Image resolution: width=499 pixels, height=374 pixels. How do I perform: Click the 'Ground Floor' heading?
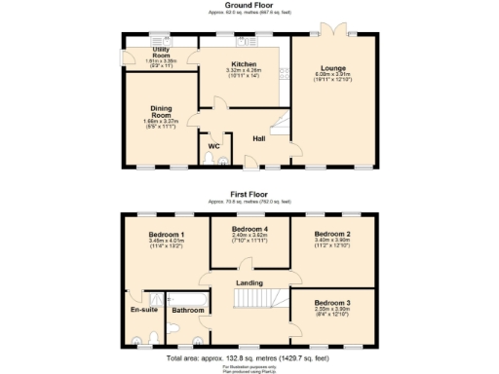tap(249, 5)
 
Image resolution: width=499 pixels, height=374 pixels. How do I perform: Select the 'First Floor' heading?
tap(249, 195)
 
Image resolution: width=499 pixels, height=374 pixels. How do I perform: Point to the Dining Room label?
tap(161, 108)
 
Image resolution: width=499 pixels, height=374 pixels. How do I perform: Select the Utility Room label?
tap(161, 52)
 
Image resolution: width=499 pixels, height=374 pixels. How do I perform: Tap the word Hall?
tap(259, 138)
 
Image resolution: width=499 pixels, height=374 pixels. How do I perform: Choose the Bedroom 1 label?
tap(166, 235)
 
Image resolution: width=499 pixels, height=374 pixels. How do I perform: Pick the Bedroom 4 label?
tap(249, 229)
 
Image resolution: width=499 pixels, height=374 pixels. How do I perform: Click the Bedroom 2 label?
tap(332, 235)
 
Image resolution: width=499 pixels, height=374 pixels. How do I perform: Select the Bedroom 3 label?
tap(334, 304)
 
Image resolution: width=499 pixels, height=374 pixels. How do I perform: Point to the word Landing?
tap(249, 283)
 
